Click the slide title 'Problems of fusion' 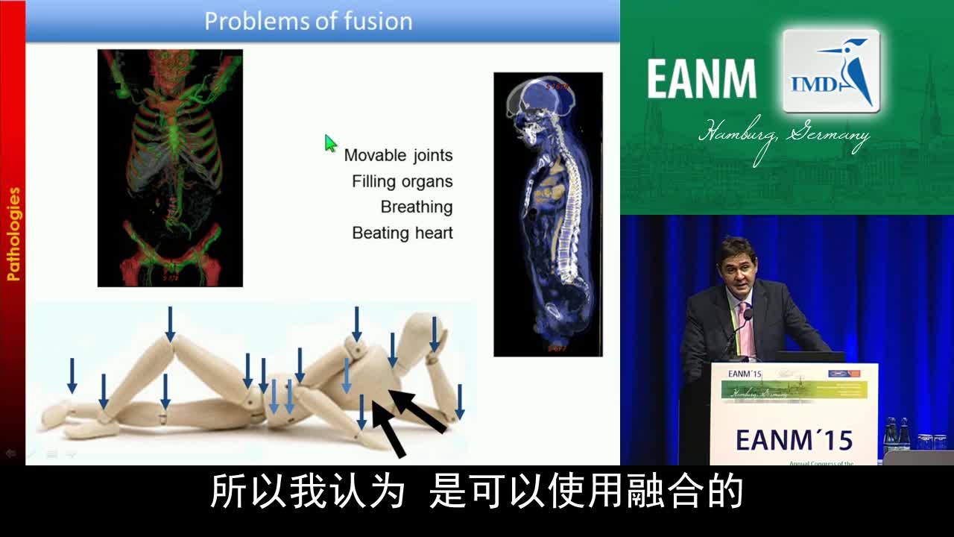pos(308,21)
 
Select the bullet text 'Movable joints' pos(398,155)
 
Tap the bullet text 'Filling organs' pos(402,181)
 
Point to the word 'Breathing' pos(417,207)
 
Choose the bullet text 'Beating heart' pos(402,233)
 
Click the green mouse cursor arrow pos(330,142)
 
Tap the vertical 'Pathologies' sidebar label pos(13,234)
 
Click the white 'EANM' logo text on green pos(701,79)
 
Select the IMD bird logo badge pos(831,72)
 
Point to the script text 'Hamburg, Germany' pos(783,136)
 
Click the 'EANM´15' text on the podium pos(793,440)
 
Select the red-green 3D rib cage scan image pos(170,168)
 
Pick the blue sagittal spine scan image pos(548,214)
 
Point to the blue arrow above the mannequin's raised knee pos(170,322)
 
